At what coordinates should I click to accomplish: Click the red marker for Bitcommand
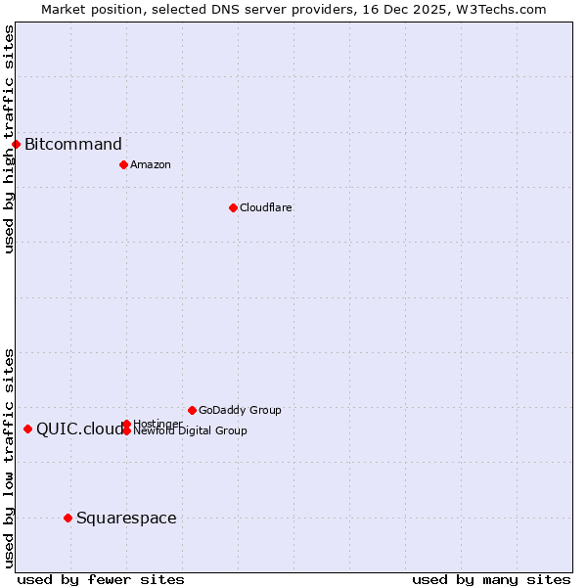point(16,145)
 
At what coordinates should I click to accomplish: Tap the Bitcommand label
point(73,145)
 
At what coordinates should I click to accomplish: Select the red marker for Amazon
point(123,164)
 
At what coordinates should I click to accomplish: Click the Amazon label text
point(150,164)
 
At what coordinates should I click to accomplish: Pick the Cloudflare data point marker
point(233,207)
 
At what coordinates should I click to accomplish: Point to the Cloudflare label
point(265,207)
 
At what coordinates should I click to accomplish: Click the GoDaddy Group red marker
point(192,410)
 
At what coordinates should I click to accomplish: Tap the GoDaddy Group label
point(240,410)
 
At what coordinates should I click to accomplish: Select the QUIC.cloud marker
point(27,429)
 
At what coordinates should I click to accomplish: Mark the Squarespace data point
point(68,518)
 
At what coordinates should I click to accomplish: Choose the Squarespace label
point(126,518)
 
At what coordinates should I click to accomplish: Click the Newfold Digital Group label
point(190,431)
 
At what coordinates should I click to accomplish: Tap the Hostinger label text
point(158,423)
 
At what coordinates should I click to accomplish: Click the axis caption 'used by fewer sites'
point(101,579)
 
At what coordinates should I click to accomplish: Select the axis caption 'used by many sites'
point(491,579)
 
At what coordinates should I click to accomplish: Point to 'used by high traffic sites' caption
point(9,139)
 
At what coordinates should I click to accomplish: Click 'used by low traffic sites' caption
point(9,458)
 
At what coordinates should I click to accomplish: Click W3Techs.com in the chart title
point(498,9)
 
